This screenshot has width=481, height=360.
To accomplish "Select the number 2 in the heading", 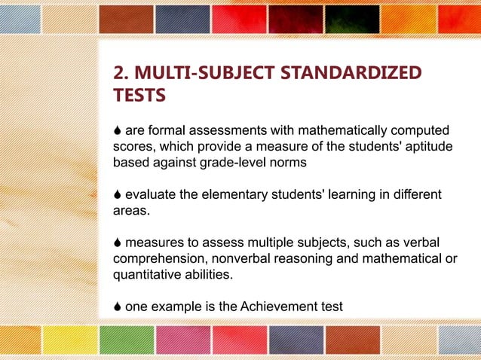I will (118, 73).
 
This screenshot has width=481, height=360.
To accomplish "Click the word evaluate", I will (151, 195).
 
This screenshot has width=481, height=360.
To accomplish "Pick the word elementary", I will (224, 195).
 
